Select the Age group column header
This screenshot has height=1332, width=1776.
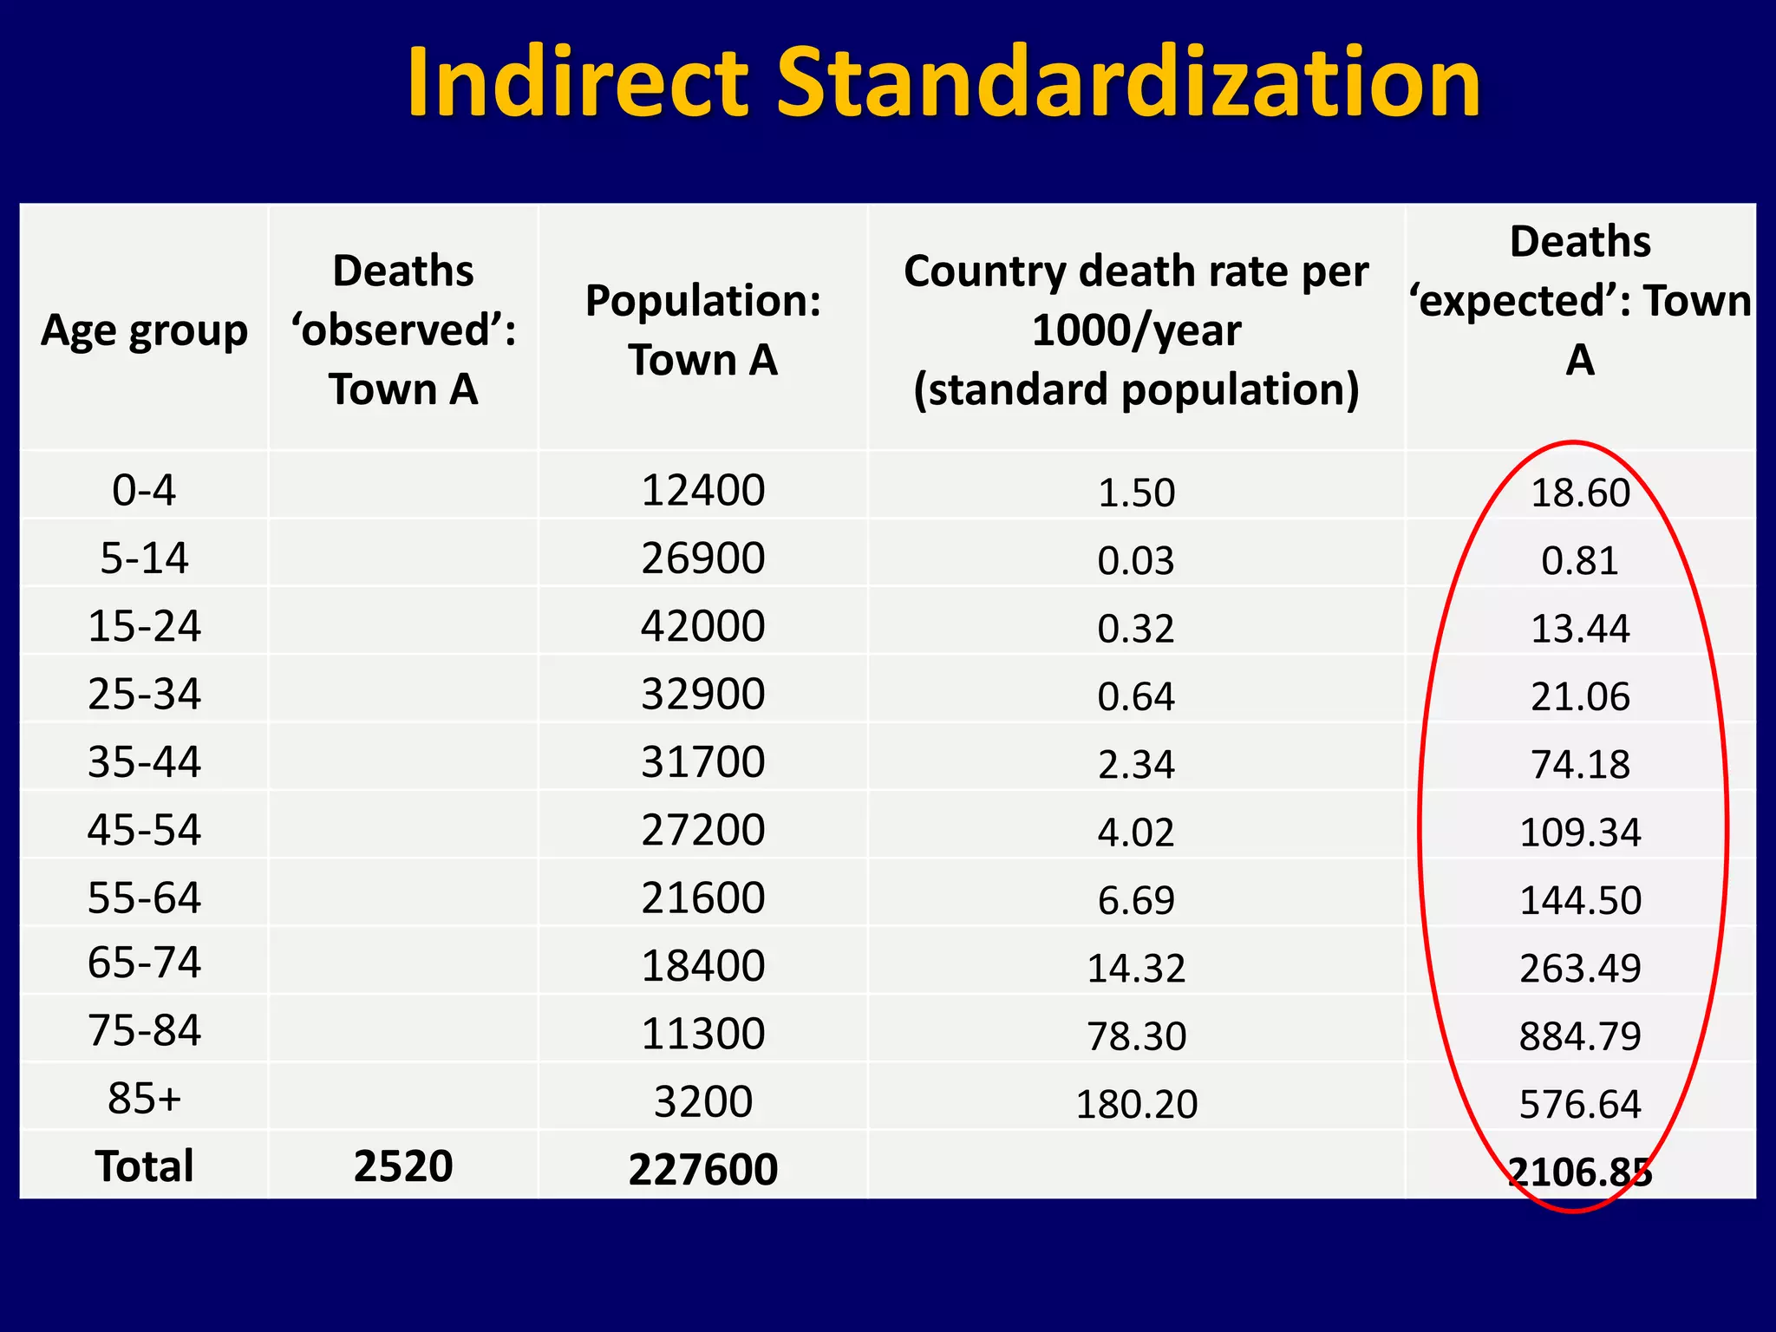click(144, 330)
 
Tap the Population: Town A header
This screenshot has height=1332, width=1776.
click(702, 330)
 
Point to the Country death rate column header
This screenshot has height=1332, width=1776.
click(1136, 330)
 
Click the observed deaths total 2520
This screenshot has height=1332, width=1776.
click(403, 1165)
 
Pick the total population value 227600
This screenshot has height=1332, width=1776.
click(702, 1169)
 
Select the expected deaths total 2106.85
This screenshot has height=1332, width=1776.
click(1580, 1172)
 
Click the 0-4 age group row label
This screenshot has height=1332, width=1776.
click(144, 490)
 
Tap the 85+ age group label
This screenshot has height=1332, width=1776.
click(144, 1099)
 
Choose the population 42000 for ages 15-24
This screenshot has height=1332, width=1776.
click(702, 626)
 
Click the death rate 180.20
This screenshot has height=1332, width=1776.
click(1136, 1104)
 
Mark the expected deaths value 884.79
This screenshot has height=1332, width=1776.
click(1580, 1036)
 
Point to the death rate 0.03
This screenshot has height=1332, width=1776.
click(1136, 560)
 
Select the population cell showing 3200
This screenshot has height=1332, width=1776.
click(702, 1101)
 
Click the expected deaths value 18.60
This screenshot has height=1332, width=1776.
click(1580, 493)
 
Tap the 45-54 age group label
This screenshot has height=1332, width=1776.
click(144, 830)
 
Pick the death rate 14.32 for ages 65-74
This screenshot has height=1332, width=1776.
click(1136, 968)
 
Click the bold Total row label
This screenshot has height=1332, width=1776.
click(144, 1165)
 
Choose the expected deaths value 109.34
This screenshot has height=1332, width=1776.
click(1580, 832)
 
